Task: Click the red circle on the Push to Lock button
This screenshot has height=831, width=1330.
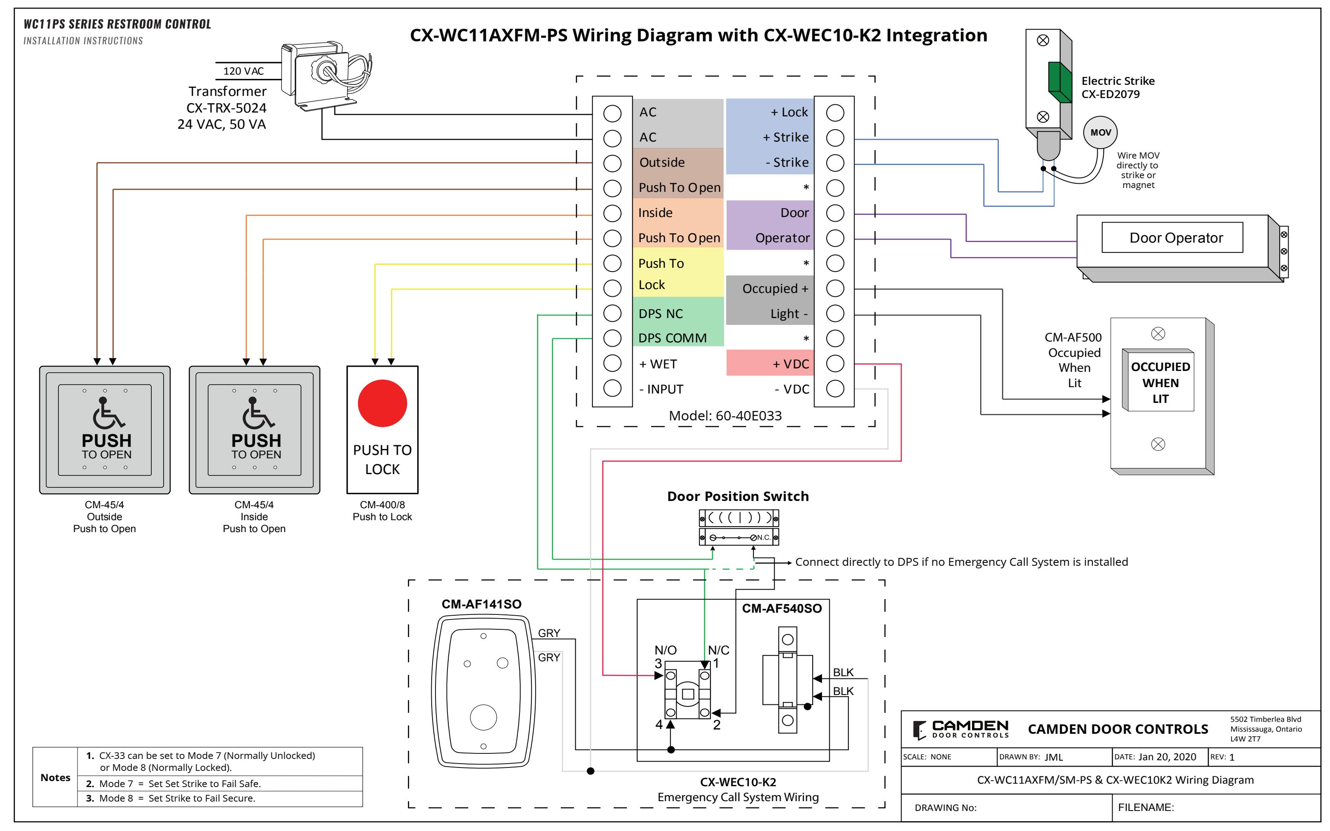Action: click(x=382, y=403)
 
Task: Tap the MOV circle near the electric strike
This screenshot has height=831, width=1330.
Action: click(x=1100, y=133)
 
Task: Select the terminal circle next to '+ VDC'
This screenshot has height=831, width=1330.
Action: click(x=835, y=363)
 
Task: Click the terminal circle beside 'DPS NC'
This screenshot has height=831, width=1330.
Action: click(x=612, y=313)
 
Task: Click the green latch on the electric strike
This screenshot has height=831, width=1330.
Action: click(x=1060, y=82)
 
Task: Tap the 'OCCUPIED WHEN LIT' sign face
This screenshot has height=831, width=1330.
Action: click(x=1160, y=382)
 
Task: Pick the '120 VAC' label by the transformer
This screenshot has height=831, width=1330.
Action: click(x=243, y=71)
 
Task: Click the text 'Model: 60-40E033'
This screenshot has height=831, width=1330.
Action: click(x=725, y=415)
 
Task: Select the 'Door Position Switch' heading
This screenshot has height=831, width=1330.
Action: click(x=738, y=496)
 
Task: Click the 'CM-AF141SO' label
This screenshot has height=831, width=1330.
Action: click(x=481, y=604)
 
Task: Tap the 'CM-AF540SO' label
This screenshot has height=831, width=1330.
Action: click(x=782, y=608)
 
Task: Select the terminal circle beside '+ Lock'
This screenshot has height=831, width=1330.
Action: click(x=835, y=113)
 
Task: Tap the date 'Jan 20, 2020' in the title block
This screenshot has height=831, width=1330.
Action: click(x=1167, y=757)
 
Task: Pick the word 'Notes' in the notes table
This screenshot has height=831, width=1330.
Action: click(x=55, y=777)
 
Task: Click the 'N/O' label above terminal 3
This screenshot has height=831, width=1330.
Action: click(x=665, y=650)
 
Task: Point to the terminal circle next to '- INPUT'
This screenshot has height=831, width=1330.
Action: click(x=612, y=388)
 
